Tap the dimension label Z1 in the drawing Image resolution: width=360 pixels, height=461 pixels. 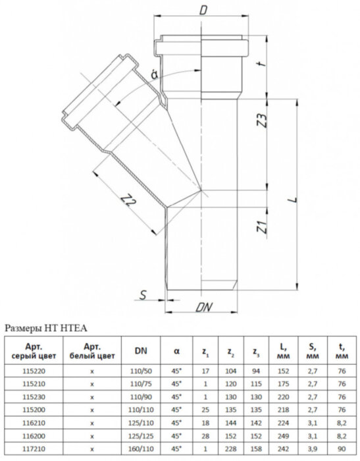(x=261, y=230)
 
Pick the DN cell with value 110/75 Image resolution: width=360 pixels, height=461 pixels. (x=141, y=384)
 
